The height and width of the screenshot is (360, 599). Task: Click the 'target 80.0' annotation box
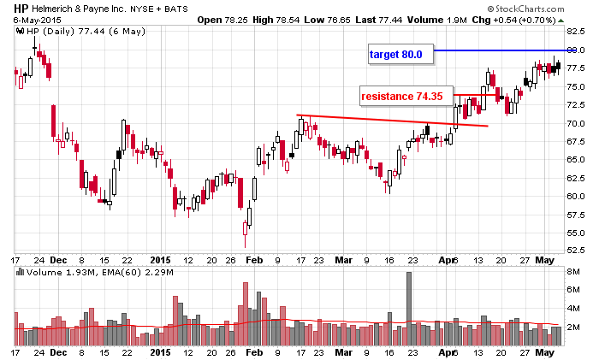tap(396, 55)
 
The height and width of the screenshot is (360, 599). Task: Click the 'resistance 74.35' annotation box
tap(401, 97)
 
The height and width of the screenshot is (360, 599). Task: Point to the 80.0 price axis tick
tap(575, 50)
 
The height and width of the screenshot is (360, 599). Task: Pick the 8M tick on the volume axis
tap(572, 273)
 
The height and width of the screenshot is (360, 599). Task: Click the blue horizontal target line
tap(496, 51)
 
